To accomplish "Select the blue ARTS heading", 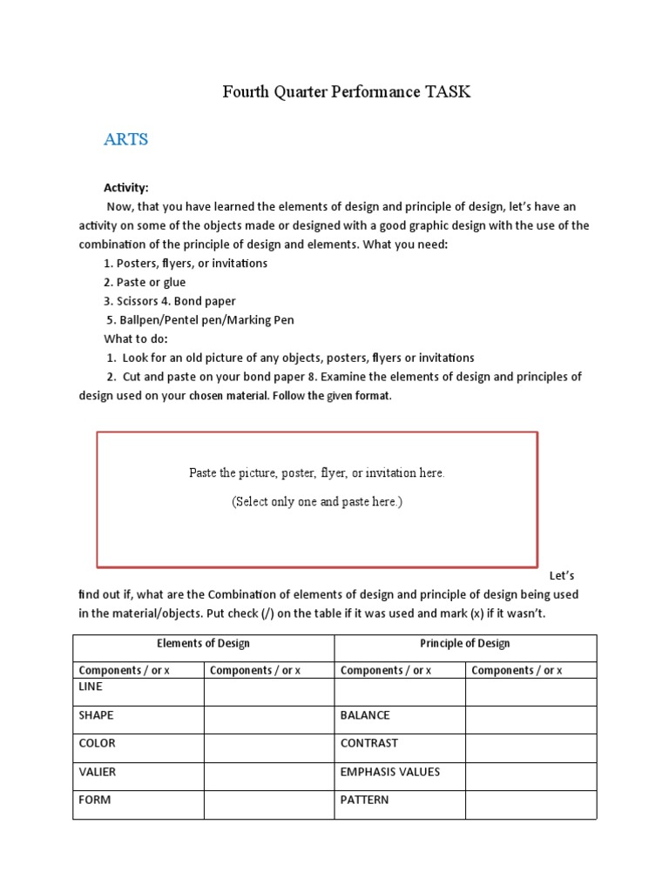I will click(126, 139).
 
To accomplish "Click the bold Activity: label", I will click(126, 188).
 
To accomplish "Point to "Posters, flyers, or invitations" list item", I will click(186, 263).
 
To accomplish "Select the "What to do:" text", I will click(136, 338).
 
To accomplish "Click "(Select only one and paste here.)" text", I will click(317, 502).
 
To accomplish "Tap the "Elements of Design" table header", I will click(203, 644).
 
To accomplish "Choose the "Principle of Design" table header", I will click(465, 644).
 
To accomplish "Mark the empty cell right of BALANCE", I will click(530, 720).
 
